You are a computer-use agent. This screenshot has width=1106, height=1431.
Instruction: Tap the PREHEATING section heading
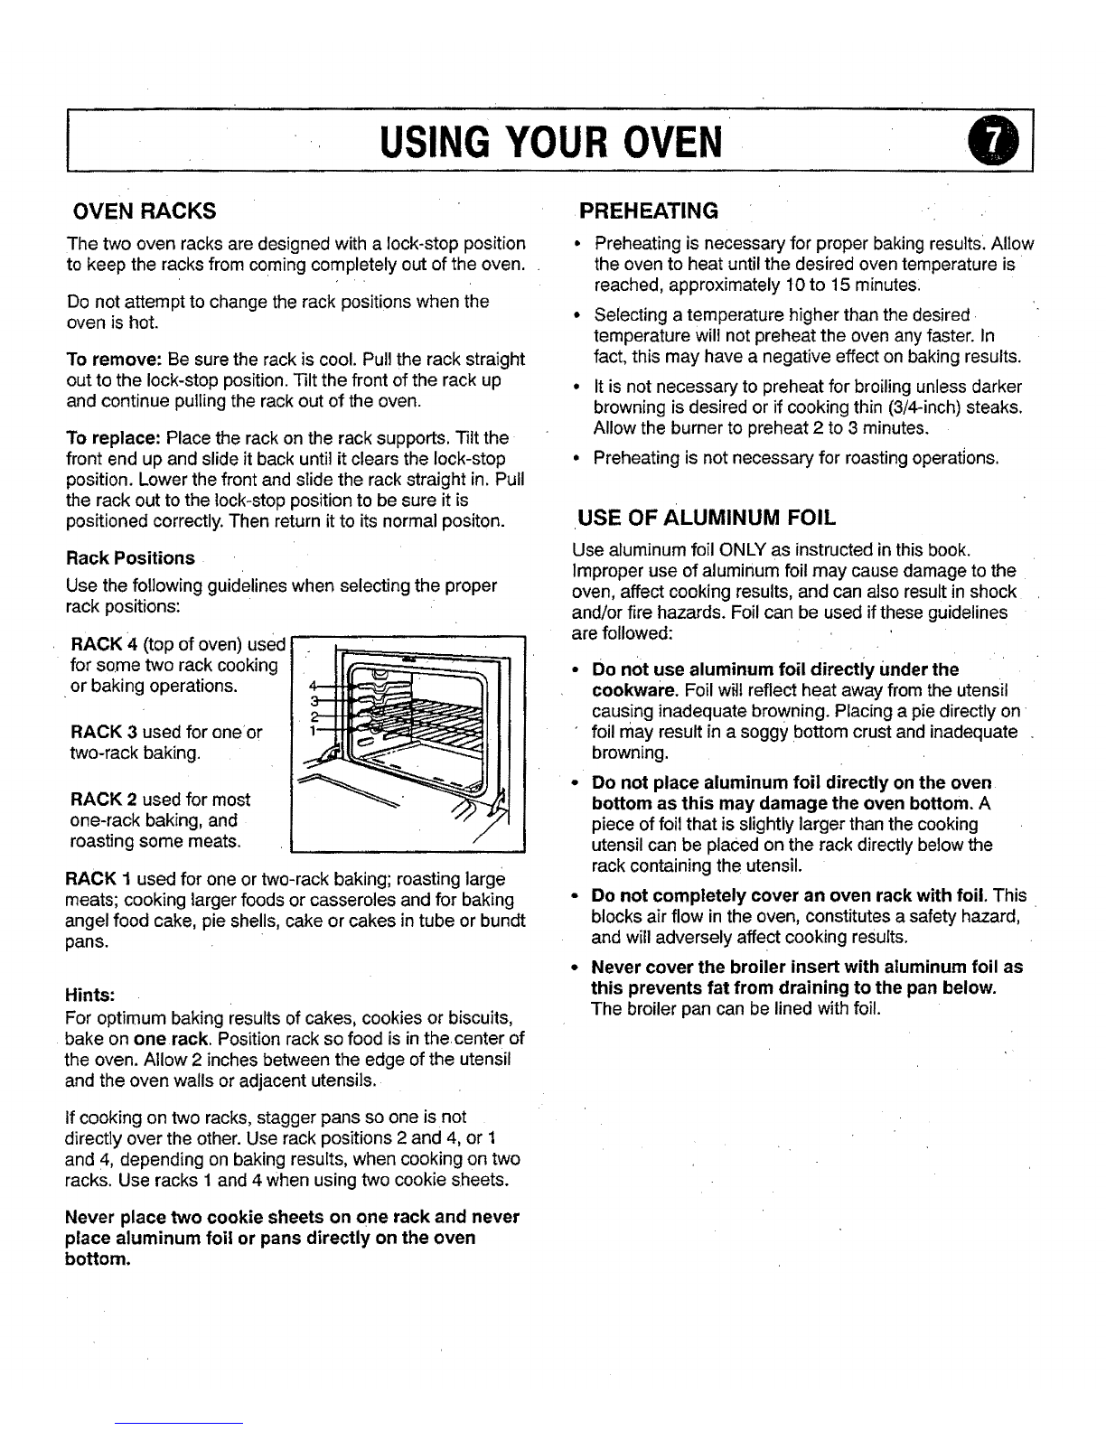(x=649, y=211)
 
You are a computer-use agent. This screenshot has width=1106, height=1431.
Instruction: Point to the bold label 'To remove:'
(x=105, y=359)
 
